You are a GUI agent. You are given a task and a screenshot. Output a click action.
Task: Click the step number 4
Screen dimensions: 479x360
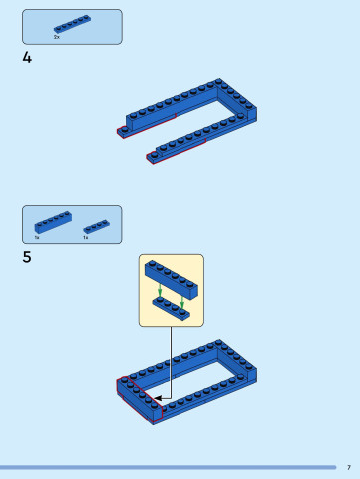click(27, 58)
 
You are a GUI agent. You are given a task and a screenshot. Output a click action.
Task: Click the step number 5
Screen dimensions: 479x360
click(27, 257)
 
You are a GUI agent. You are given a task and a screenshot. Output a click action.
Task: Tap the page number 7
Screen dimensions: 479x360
click(348, 467)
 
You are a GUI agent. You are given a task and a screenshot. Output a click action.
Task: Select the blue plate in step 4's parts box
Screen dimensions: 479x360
click(71, 24)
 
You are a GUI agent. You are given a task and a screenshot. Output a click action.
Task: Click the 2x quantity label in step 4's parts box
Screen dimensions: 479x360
click(57, 37)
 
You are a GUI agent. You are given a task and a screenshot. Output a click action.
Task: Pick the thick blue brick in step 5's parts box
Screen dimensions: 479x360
click(52, 222)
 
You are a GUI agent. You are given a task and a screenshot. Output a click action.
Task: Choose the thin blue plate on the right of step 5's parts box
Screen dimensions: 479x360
click(96, 226)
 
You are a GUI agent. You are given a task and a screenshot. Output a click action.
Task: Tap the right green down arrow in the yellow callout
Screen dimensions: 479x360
click(182, 298)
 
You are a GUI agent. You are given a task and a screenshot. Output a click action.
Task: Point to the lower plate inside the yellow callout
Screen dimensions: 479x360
click(171, 308)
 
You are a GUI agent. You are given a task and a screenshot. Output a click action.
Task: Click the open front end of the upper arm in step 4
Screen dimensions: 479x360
click(123, 130)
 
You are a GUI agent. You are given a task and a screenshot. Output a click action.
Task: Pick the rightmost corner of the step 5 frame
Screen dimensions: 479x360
click(255, 373)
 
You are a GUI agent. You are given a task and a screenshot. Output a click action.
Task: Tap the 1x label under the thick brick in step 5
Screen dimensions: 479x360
click(37, 238)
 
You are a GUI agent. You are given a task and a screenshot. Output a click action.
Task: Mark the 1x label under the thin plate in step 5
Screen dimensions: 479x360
click(85, 238)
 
